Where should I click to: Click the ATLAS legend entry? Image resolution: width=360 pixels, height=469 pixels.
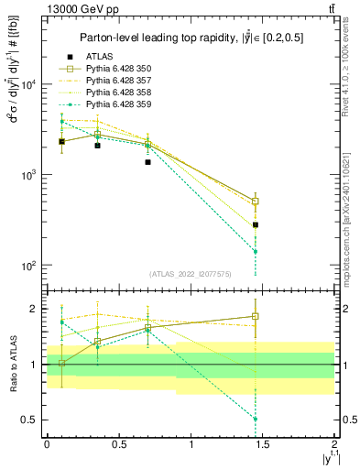[100, 55]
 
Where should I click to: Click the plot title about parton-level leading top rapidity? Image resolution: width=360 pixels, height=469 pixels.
[190, 38]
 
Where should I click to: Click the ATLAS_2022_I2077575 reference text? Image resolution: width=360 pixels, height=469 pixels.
[190, 274]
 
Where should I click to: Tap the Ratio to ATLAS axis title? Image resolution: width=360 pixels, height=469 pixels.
[12, 364]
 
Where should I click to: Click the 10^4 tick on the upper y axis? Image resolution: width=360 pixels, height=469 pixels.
[27, 84]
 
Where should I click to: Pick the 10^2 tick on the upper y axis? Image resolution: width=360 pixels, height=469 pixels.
[27, 265]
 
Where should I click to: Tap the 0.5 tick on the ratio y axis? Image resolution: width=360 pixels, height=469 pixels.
[29, 420]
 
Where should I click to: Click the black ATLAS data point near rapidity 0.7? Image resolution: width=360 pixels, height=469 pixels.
[147, 162]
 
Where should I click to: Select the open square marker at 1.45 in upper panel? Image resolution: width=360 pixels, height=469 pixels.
[256, 201]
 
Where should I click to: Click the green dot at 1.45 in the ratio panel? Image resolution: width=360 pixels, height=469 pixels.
[256, 419]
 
